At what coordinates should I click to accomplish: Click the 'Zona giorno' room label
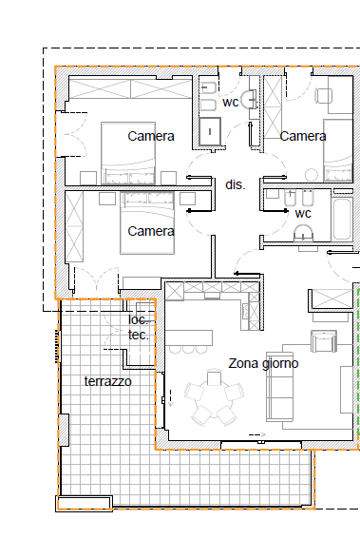tap(263, 364)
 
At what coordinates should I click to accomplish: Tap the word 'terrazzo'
tap(107, 381)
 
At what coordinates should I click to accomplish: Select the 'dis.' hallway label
tap(236, 184)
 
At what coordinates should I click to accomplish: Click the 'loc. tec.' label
tap(139, 327)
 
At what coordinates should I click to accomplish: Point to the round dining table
tap(214, 397)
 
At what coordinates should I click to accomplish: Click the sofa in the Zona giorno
tap(279, 386)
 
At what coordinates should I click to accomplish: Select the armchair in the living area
tap(323, 341)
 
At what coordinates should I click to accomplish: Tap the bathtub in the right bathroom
tap(342, 220)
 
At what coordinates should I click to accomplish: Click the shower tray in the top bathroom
tap(210, 132)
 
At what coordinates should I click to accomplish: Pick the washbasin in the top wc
tap(249, 99)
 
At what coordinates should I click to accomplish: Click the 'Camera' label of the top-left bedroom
tap(151, 136)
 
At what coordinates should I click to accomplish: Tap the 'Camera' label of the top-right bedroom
tap(303, 136)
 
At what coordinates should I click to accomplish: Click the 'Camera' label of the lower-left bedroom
tap(151, 231)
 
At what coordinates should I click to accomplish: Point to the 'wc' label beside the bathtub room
tap(303, 214)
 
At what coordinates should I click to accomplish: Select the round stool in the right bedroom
tap(312, 175)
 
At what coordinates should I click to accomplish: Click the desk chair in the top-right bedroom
tap(323, 96)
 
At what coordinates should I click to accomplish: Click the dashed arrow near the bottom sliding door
tap(257, 434)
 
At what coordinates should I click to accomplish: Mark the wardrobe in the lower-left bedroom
tap(74, 226)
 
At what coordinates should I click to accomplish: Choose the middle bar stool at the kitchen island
tap(188, 349)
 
